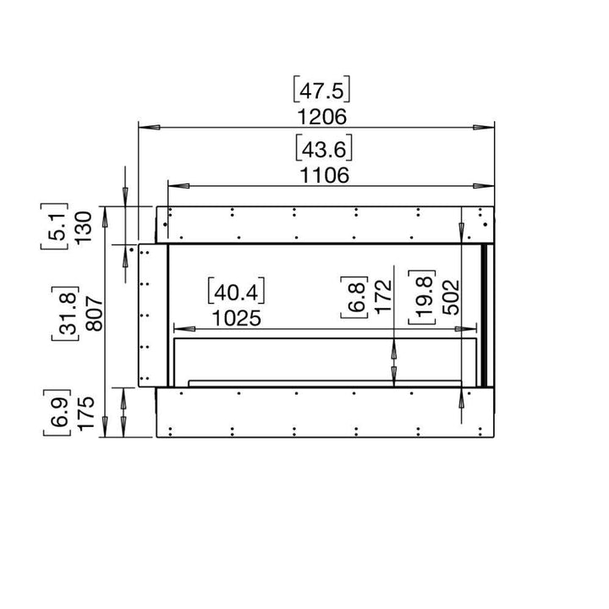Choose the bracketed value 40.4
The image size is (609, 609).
coord(236,292)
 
